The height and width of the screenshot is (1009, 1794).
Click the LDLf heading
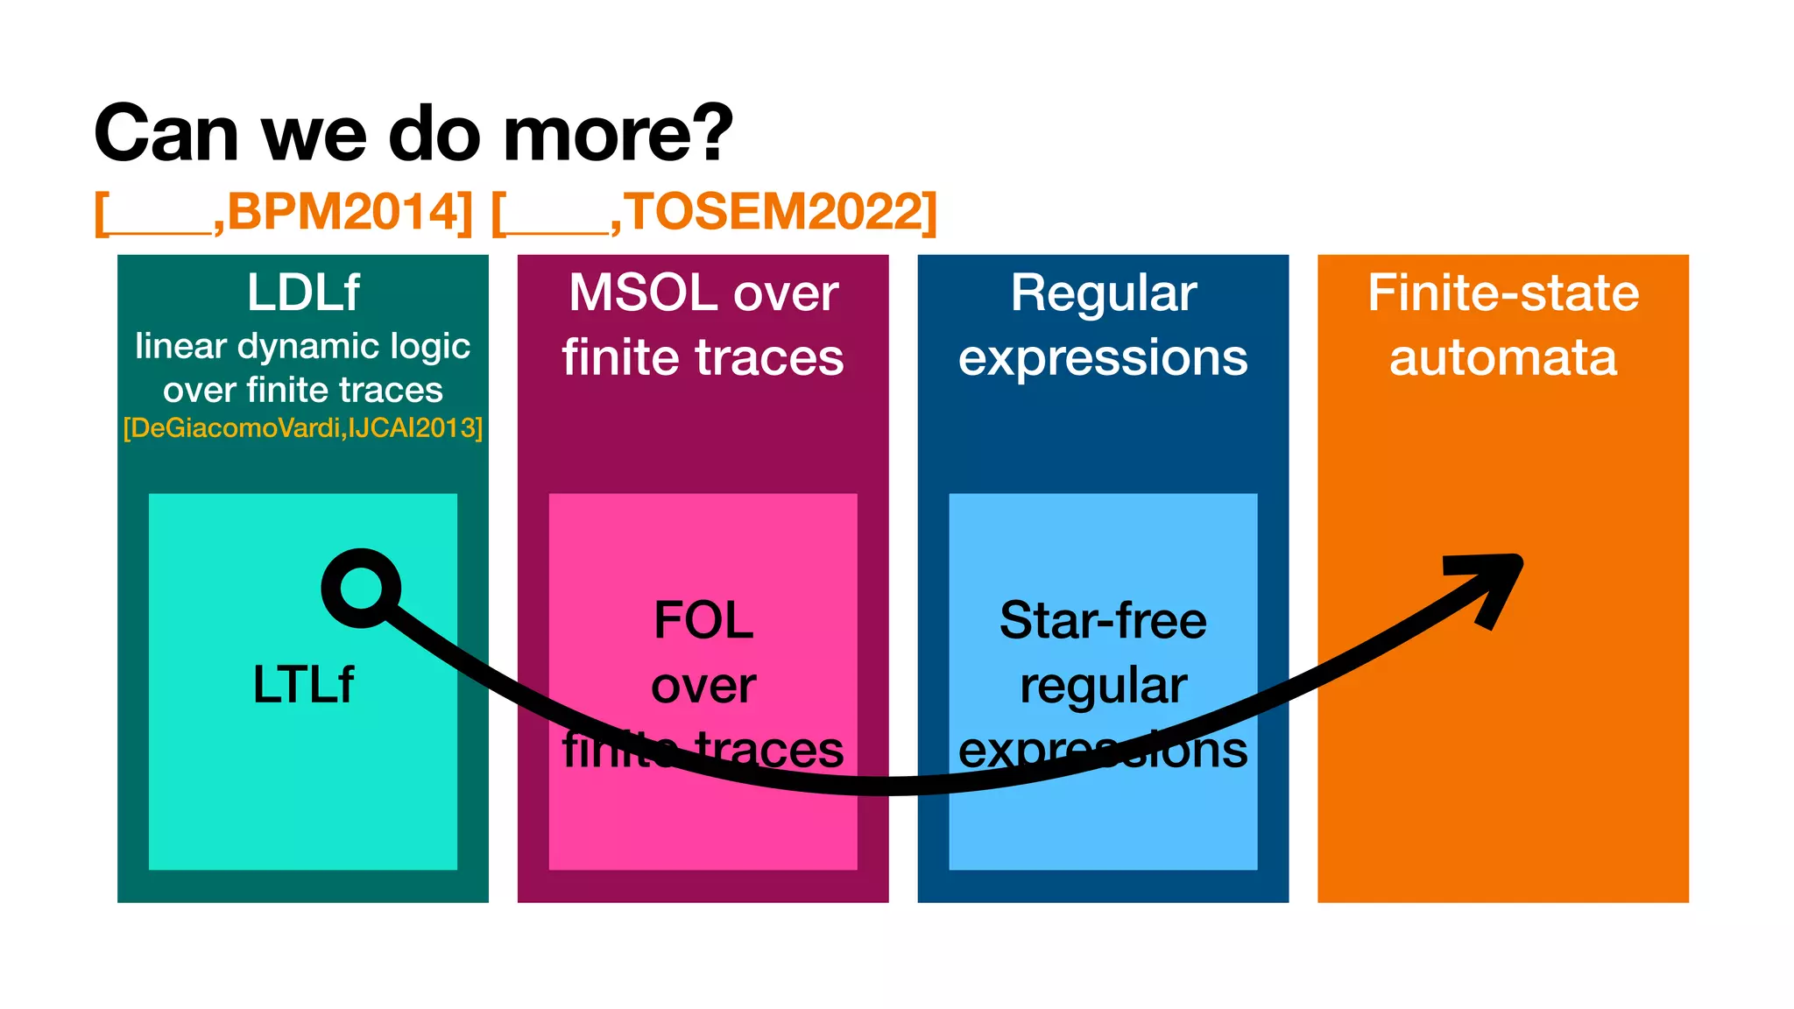coord(303,292)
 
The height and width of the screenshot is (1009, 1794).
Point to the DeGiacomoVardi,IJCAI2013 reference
coord(303,428)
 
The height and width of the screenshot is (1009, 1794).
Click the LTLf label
coord(303,684)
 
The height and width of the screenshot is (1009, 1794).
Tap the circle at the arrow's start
coord(361,588)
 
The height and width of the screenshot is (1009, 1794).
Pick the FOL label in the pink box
coord(703,620)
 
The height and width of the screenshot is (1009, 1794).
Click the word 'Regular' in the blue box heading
coord(1103,293)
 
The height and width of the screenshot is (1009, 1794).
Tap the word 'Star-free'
coord(1103,620)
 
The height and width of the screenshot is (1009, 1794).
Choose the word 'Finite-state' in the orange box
coord(1503,293)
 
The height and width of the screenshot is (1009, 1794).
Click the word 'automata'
coord(1503,357)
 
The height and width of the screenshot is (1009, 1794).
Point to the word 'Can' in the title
coord(166,133)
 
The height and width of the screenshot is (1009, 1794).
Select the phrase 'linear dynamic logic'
coord(303,347)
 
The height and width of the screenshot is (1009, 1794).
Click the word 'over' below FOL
coord(703,685)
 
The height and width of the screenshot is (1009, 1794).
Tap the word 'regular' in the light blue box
coord(1103,685)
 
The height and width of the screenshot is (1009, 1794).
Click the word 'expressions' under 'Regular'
coord(1103,357)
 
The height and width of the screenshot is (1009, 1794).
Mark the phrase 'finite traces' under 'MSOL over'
coord(703,357)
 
